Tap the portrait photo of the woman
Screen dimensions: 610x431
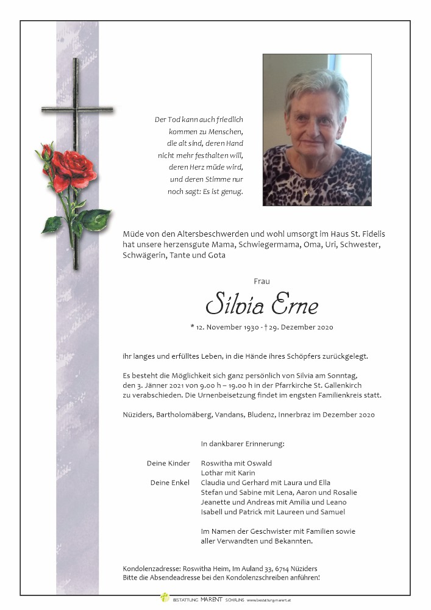coord(316,129)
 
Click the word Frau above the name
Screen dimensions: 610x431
coord(262,281)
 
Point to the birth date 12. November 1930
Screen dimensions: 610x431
coord(229,328)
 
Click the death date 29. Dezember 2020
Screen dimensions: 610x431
coord(301,328)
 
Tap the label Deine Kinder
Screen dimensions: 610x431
coord(168,463)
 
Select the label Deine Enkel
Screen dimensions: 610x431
coord(170,483)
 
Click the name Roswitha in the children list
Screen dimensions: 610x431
coord(216,463)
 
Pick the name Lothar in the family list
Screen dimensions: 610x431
coord(212,473)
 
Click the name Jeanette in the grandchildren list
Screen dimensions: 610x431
coord(216,502)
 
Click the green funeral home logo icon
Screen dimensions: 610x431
coord(164,599)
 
